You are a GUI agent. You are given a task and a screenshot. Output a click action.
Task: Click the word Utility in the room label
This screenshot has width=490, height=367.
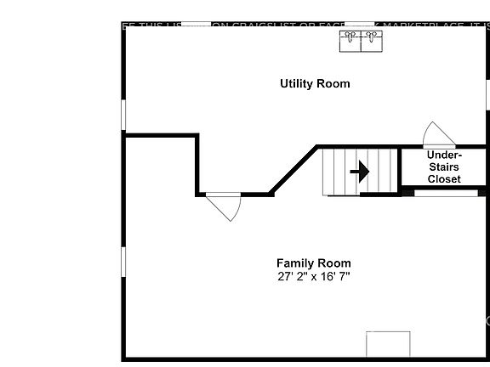click(297, 83)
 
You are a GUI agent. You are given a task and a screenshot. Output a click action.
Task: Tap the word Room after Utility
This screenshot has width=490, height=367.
click(333, 83)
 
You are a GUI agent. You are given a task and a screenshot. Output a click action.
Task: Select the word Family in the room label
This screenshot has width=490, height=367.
click(294, 263)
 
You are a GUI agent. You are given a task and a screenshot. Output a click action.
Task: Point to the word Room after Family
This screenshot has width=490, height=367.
click(334, 263)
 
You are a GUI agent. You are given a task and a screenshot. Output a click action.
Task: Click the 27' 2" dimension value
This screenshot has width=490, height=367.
click(293, 277)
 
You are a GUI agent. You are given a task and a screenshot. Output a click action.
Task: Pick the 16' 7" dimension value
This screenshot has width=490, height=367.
click(334, 277)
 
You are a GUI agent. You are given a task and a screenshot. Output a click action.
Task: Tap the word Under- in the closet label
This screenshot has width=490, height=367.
click(444, 155)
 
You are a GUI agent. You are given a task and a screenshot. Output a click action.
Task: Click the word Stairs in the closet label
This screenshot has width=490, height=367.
click(444, 167)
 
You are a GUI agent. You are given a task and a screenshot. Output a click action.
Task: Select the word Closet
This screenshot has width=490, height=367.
click(444, 179)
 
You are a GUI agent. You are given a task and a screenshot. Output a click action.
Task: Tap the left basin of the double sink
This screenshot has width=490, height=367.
click(350, 41)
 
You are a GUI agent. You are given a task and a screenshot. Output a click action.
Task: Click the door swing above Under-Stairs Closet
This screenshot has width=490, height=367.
click(439, 135)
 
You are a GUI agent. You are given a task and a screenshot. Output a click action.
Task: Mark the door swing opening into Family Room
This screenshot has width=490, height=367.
click(225, 206)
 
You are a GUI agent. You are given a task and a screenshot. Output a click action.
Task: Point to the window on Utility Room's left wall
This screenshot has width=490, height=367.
click(124, 114)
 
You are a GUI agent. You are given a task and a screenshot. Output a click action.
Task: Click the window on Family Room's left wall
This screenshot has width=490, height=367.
click(124, 262)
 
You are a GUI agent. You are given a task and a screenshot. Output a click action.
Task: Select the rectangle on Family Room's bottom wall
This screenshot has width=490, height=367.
click(388, 344)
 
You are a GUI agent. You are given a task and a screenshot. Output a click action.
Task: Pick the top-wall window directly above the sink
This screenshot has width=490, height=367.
click(360, 25)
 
